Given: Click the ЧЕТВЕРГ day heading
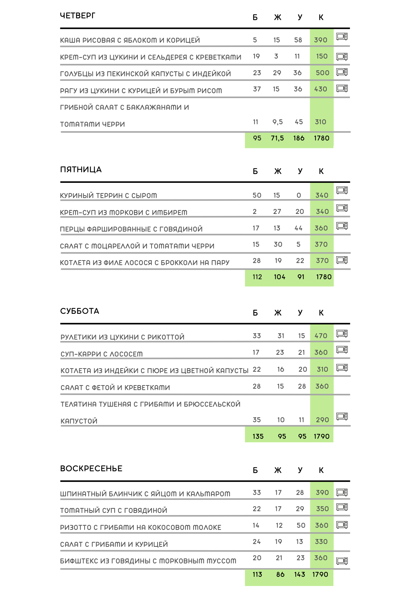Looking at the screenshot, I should point(78,16).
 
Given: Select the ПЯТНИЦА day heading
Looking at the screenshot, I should point(81,169).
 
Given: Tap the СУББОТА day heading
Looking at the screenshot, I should point(80,311).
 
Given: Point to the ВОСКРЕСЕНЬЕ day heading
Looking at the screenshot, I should point(91,468).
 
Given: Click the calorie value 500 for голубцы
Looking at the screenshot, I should point(322,73).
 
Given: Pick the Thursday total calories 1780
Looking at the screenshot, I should point(321,138).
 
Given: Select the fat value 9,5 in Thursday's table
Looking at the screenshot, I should point(277,122).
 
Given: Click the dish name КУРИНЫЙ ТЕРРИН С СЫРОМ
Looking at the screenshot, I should point(109,196).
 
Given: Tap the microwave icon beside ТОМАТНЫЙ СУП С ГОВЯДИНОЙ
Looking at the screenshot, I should point(342,507).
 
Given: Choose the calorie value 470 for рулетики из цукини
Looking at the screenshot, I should point(321,336).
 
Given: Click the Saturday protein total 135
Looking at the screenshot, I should point(258,437).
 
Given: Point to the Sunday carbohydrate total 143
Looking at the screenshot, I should point(300,575).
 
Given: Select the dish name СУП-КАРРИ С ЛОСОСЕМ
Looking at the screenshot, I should point(102,354).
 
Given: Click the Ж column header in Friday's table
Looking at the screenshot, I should point(278,172).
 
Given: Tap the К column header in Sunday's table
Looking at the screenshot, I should point(321,471).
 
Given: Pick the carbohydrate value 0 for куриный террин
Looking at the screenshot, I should point(299,196).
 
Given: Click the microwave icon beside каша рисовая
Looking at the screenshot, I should point(342,36).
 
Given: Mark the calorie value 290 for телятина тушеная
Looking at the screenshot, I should point(322,420).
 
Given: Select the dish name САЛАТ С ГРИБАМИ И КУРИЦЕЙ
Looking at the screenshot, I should point(114,545).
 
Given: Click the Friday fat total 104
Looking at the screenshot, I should point(279,277).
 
